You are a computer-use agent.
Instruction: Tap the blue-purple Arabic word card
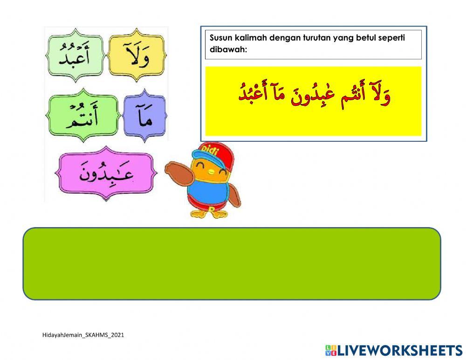click(x=144, y=116)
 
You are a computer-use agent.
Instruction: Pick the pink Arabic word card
click(x=106, y=173)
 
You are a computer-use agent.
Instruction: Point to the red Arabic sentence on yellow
click(x=313, y=96)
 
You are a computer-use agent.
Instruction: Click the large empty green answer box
click(x=232, y=263)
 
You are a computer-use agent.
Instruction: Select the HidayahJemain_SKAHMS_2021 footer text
click(x=83, y=335)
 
